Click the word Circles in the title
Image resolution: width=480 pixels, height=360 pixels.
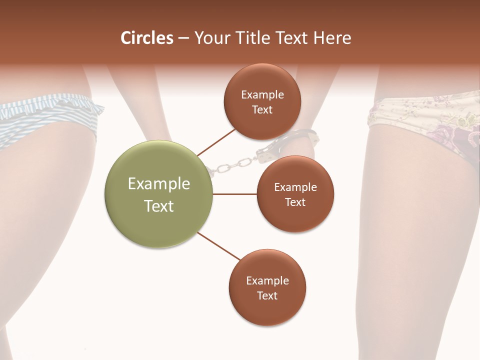(x=146, y=38)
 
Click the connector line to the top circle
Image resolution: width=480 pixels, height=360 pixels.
(x=216, y=142)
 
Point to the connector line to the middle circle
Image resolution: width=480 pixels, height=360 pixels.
(x=234, y=193)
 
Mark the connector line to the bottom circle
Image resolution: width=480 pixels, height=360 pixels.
(x=219, y=246)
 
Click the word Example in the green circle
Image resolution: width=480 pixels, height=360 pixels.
(x=158, y=184)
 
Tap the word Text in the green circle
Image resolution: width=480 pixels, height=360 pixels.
(x=158, y=206)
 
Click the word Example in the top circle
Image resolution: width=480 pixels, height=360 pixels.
(x=262, y=95)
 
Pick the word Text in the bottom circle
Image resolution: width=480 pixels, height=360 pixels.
(x=267, y=295)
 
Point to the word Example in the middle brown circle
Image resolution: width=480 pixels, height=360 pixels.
(x=295, y=187)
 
